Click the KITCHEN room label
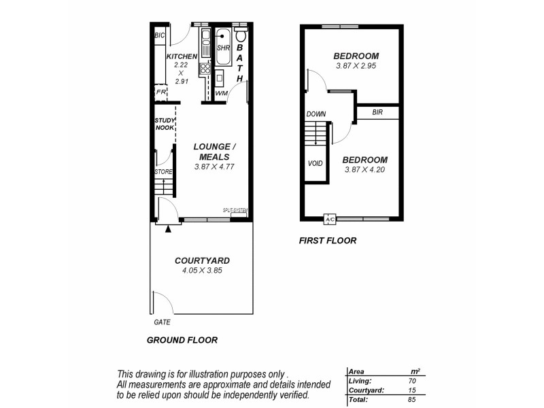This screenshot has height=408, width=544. (181, 56)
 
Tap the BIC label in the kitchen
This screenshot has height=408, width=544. (160, 35)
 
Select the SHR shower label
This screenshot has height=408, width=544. (223, 48)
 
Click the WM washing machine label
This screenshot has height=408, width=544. (221, 93)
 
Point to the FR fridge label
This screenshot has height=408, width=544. (160, 92)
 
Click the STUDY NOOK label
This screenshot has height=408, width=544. (165, 124)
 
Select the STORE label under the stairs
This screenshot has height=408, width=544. (163, 172)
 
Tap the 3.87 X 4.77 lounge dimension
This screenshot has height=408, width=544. (214, 166)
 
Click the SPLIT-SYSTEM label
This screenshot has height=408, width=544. (235, 210)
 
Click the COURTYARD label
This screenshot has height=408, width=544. (202, 260)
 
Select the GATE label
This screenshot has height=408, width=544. (162, 322)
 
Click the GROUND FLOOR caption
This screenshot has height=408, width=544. (182, 340)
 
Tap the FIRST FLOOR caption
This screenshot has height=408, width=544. (328, 241)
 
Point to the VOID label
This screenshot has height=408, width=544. (315, 163)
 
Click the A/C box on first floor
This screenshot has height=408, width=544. (330, 220)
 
